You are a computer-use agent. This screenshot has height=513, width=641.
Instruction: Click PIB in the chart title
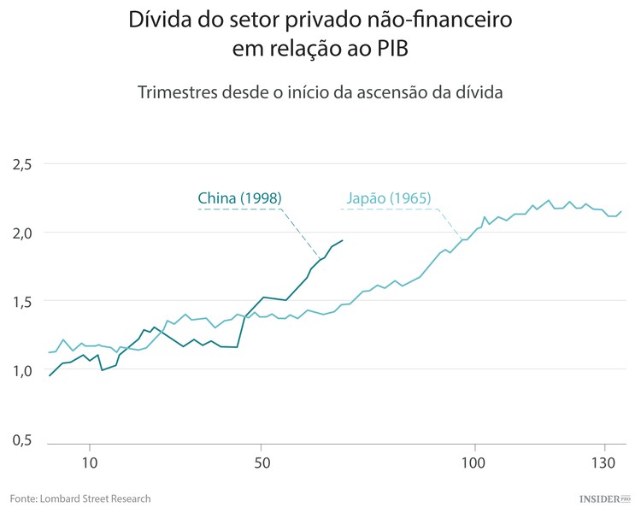pos(391,50)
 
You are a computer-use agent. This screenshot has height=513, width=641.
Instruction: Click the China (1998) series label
pos(239,198)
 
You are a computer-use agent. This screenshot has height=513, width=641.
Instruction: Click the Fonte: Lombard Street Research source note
pos(80,498)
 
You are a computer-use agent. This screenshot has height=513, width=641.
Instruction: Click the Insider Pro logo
pos(603,498)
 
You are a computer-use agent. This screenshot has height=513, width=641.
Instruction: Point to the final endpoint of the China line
pos(342,240)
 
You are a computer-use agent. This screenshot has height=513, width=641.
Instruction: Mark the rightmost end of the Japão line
pos(621,211)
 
